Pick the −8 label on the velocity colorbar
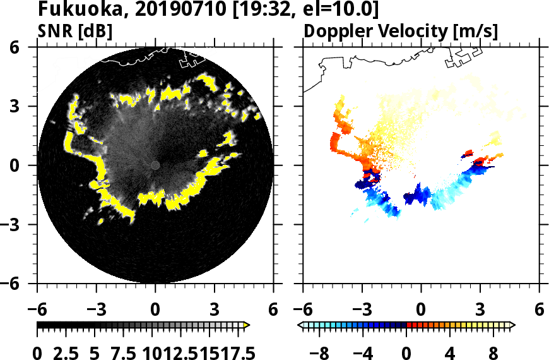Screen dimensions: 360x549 (x=320, y=351)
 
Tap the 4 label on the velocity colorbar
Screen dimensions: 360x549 (x=450, y=351)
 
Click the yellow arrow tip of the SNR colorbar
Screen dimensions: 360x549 (x=247, y=325)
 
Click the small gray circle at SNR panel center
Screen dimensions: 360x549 (x=155, y=165)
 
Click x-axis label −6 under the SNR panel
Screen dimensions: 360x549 (x=37, y=311)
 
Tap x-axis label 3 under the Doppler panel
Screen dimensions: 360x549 (x=480, y=311)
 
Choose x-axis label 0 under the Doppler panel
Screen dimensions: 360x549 (x=421, y=311)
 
